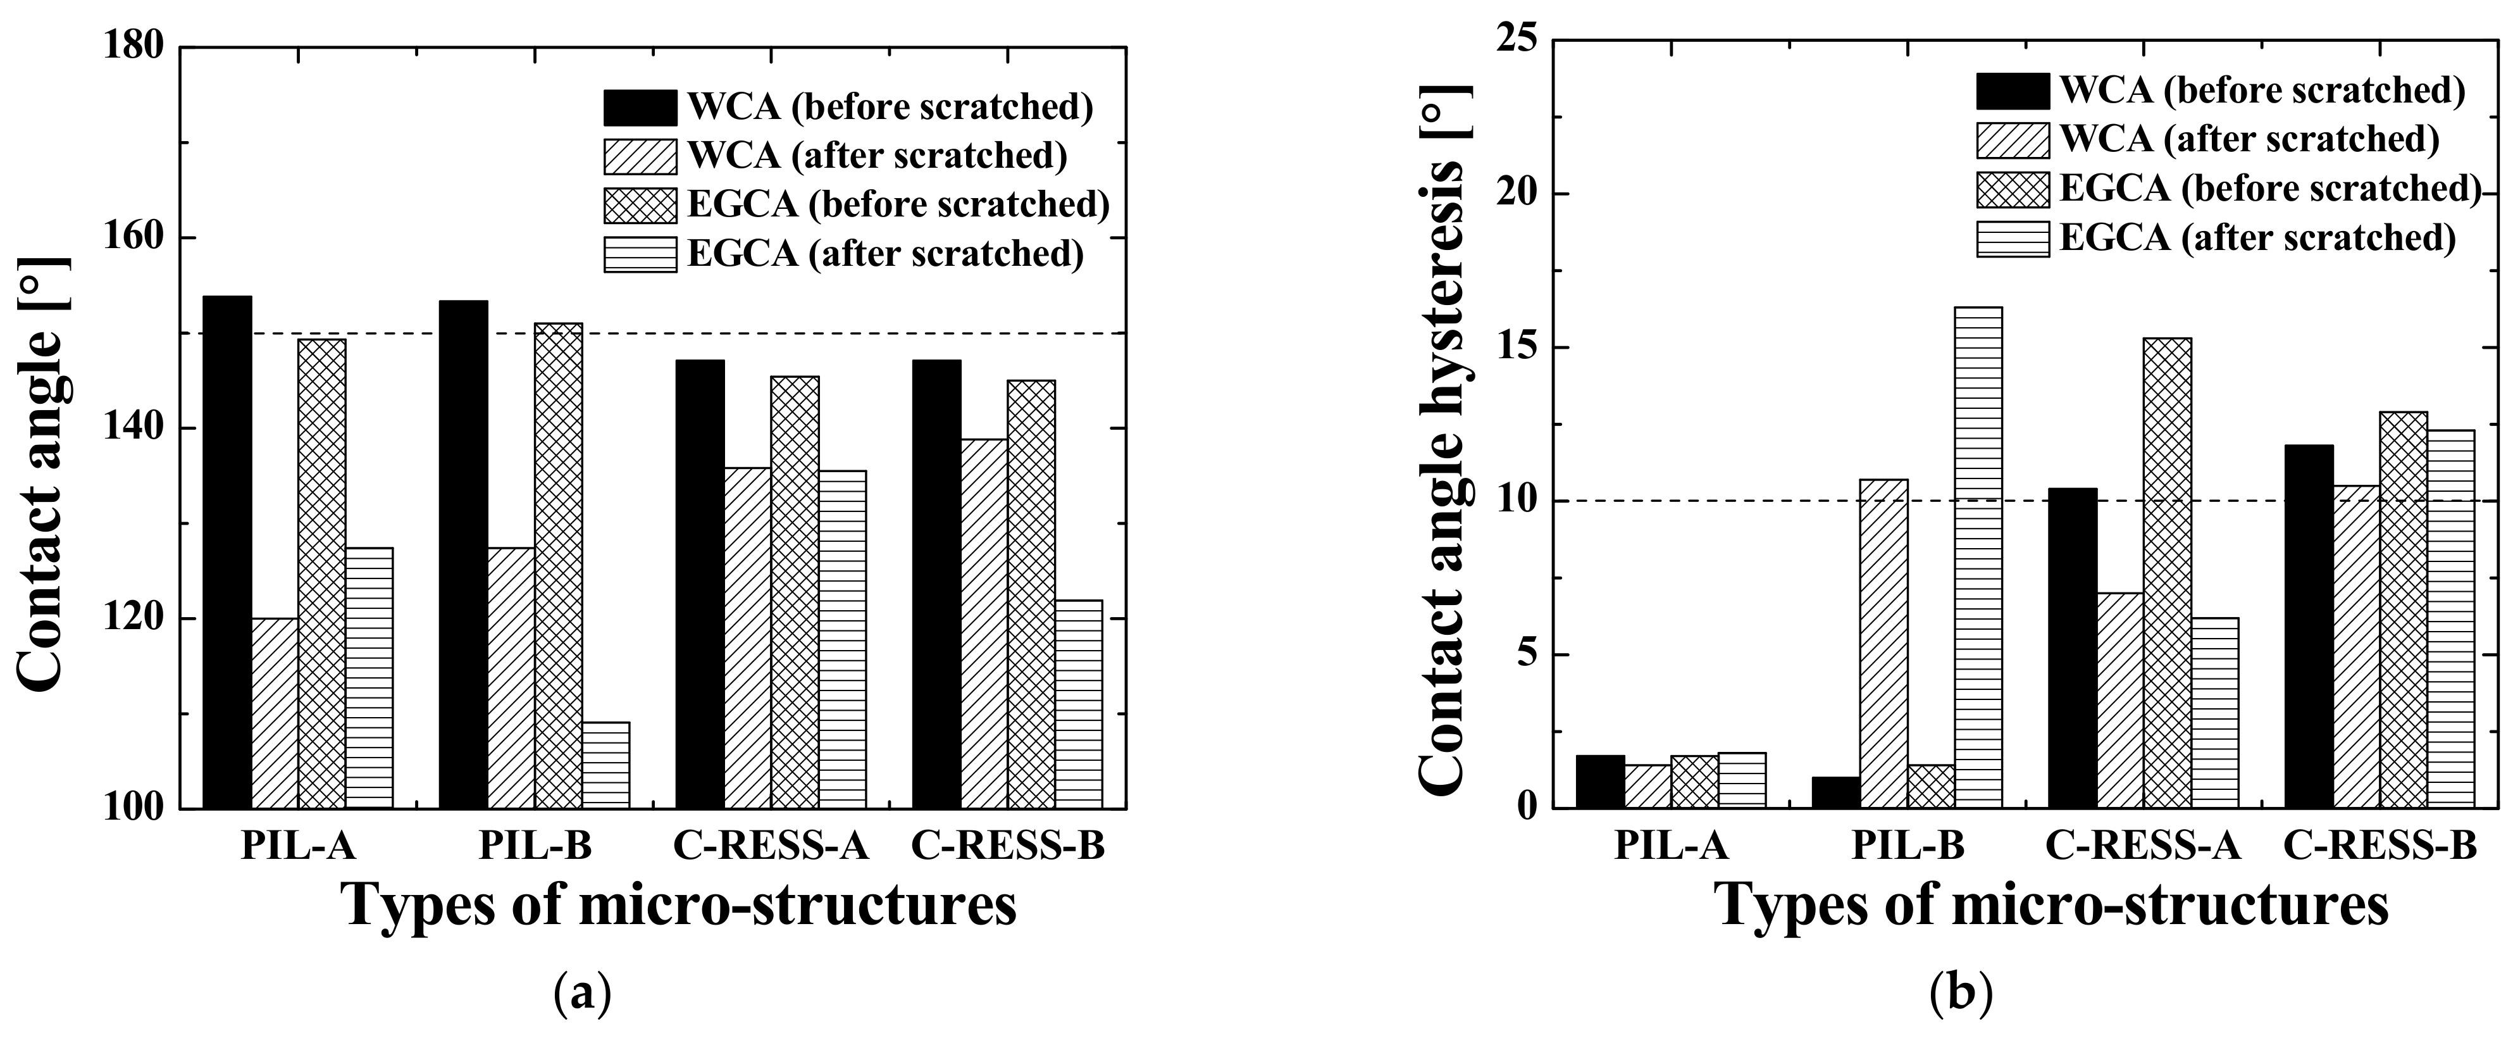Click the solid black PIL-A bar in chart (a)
pyautogui.click(x=228, y=552)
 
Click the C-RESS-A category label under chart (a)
pyautogui.click(x=771, y=846)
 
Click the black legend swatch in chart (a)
pyautogui.click(x=640, y=108)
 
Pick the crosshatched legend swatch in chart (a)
pyautogui.click(x=640, y=205)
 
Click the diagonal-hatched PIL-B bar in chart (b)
pyautogui.click(x=1883, y=644)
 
